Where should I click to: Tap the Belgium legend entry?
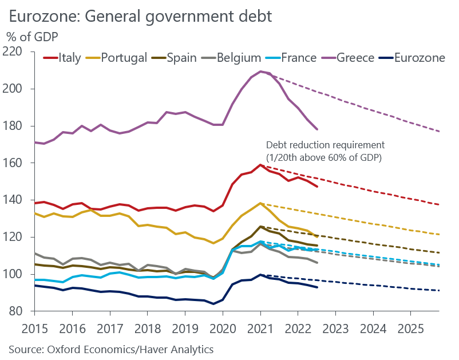point(232,58)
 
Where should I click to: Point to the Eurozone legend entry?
point(411,58)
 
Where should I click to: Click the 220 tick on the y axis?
point(19,52)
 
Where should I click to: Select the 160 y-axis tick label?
point(19,163)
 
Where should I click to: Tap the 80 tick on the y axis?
point(22,311)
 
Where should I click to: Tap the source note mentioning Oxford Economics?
point(110,349)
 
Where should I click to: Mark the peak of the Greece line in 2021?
point(261,72)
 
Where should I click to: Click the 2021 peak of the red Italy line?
point(260,165)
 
